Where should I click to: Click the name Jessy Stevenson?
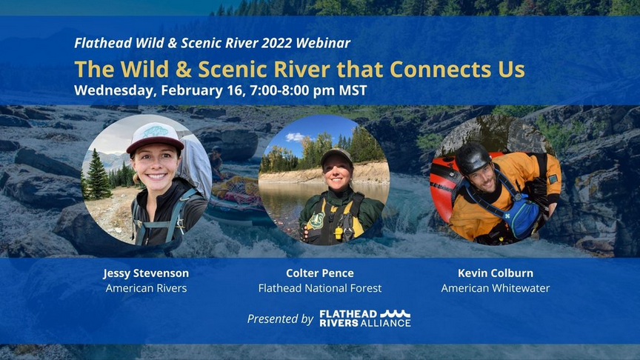tap(146, 273)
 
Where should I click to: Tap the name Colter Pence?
tap(320, 273)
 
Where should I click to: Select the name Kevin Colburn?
tap(496, 273)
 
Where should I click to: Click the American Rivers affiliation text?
tap(146, 288)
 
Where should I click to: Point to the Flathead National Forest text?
tap(320, 288)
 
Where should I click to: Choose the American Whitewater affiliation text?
tap(496, 288)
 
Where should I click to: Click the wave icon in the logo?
tap(396, 313)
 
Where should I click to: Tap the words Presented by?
tap(280, 319)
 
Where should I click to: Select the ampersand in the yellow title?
tap(184, 69)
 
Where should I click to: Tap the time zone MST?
tap(353, 90)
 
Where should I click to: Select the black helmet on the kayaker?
tap(473, 158)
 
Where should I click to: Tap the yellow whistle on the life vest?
tap(338, 233)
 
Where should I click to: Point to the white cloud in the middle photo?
tap(295, 137)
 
